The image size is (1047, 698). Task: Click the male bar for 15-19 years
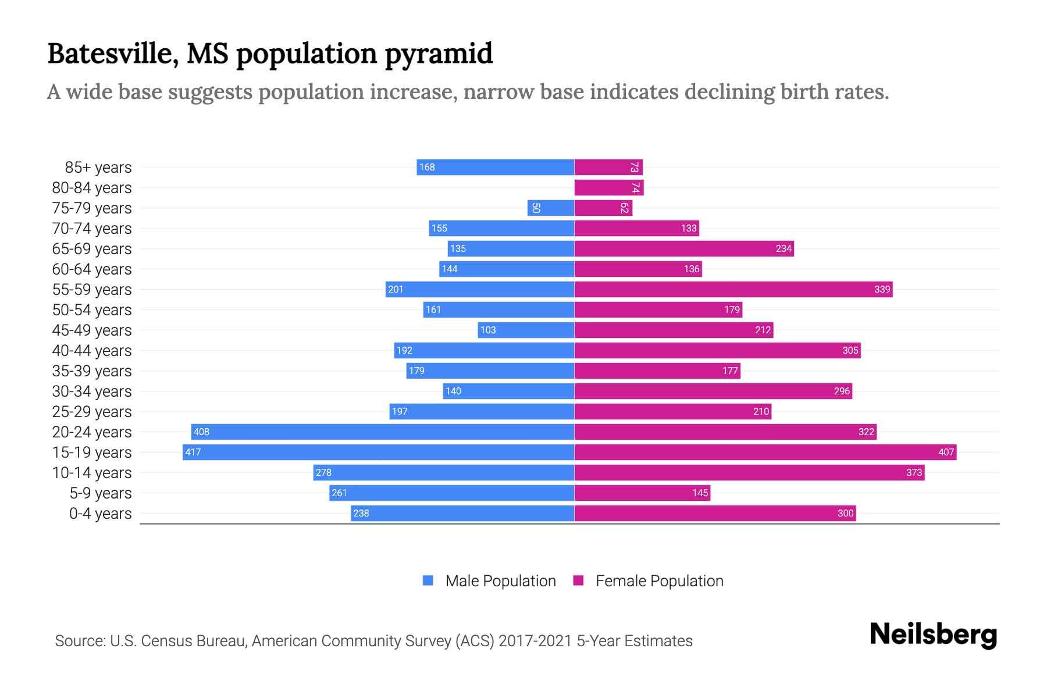378,452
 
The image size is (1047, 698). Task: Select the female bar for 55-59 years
733,289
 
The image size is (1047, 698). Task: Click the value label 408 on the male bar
201,432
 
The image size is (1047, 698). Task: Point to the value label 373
914,472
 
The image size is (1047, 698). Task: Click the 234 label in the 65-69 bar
784,248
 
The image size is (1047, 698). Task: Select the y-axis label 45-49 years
92,330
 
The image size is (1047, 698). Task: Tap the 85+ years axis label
98,167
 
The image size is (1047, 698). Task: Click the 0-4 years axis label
100,513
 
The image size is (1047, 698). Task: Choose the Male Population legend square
428,581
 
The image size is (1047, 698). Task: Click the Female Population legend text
659,581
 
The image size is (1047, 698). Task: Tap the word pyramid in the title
439,54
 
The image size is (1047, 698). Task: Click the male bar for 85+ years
495,167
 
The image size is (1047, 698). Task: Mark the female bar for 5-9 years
642,493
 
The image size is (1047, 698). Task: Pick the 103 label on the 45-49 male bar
487,330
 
